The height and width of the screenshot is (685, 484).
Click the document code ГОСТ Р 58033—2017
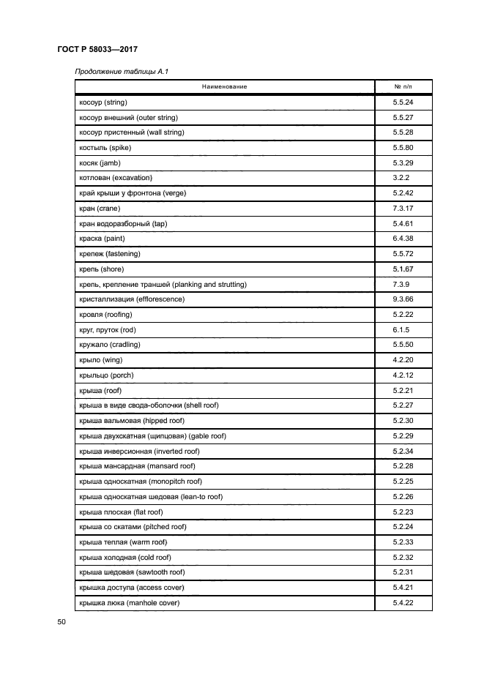(x=97, y=49)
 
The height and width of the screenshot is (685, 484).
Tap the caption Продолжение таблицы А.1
(x=116, y=71)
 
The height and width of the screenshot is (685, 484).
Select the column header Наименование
(x=225, y=87)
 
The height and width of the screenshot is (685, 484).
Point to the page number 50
(x=62, y=622)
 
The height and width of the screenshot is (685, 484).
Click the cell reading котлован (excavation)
(x=116, y=178)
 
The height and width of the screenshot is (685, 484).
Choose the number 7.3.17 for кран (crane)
(x=403, y=209)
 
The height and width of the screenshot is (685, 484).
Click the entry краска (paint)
(x=103, y=239)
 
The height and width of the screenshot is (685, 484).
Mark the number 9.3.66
(x=403, y=299)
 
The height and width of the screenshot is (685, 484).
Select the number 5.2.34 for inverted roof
(x=403, y=451)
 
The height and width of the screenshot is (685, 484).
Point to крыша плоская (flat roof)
(x=121, y=512)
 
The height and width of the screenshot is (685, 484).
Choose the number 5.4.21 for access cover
(x=403, y=588)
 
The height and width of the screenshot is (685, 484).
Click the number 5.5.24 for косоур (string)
(x=403, y=102)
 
